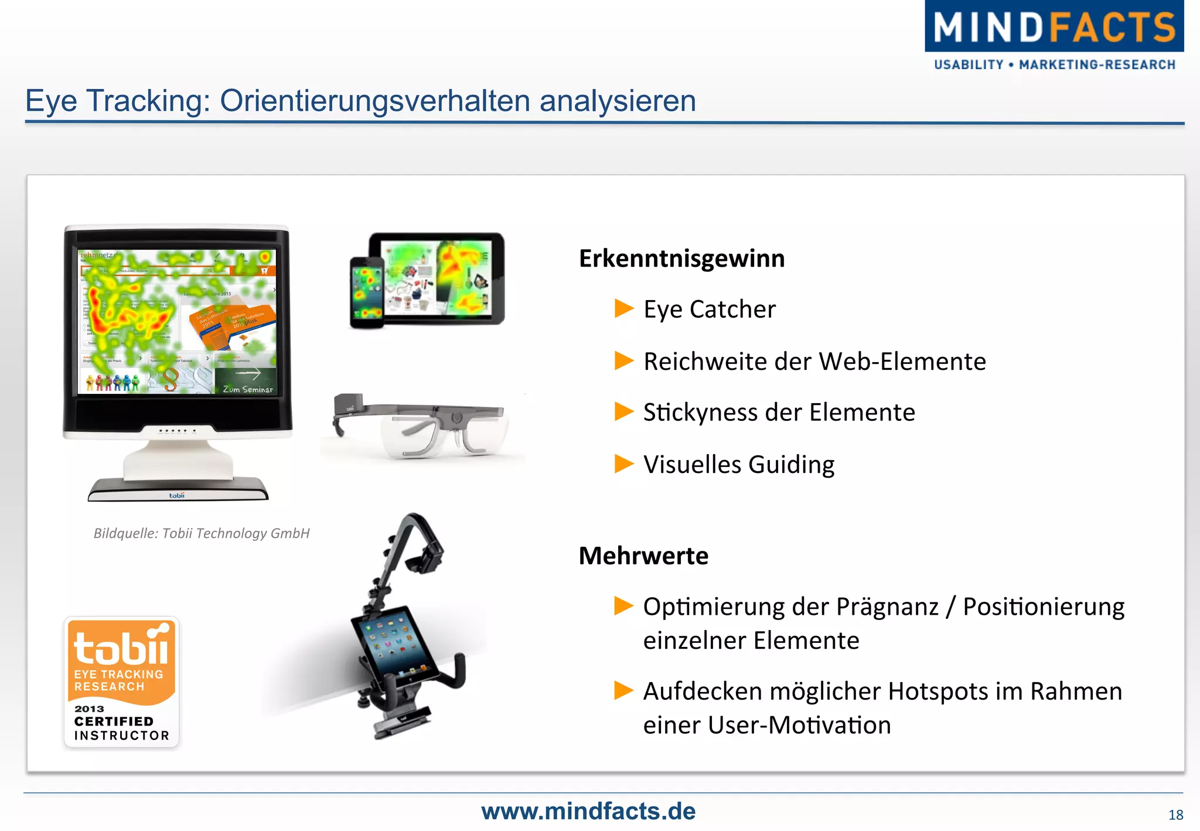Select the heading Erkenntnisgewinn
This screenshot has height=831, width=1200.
(681, 258)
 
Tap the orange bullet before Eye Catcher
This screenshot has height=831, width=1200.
(623, 308)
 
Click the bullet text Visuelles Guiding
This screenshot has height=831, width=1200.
(738, 465)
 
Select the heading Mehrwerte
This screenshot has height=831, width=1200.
(643, 556)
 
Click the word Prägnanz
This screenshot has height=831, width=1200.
(887, 607)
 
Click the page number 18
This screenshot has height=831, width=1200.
(1175, 815)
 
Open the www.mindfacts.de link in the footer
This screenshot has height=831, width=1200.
(588, 812)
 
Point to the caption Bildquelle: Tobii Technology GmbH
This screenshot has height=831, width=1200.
(202, 533)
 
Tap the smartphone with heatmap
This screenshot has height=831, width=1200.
(366, 292)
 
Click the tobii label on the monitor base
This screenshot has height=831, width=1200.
(176, 495)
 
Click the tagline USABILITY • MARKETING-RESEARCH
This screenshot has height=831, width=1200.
(1054, 65)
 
